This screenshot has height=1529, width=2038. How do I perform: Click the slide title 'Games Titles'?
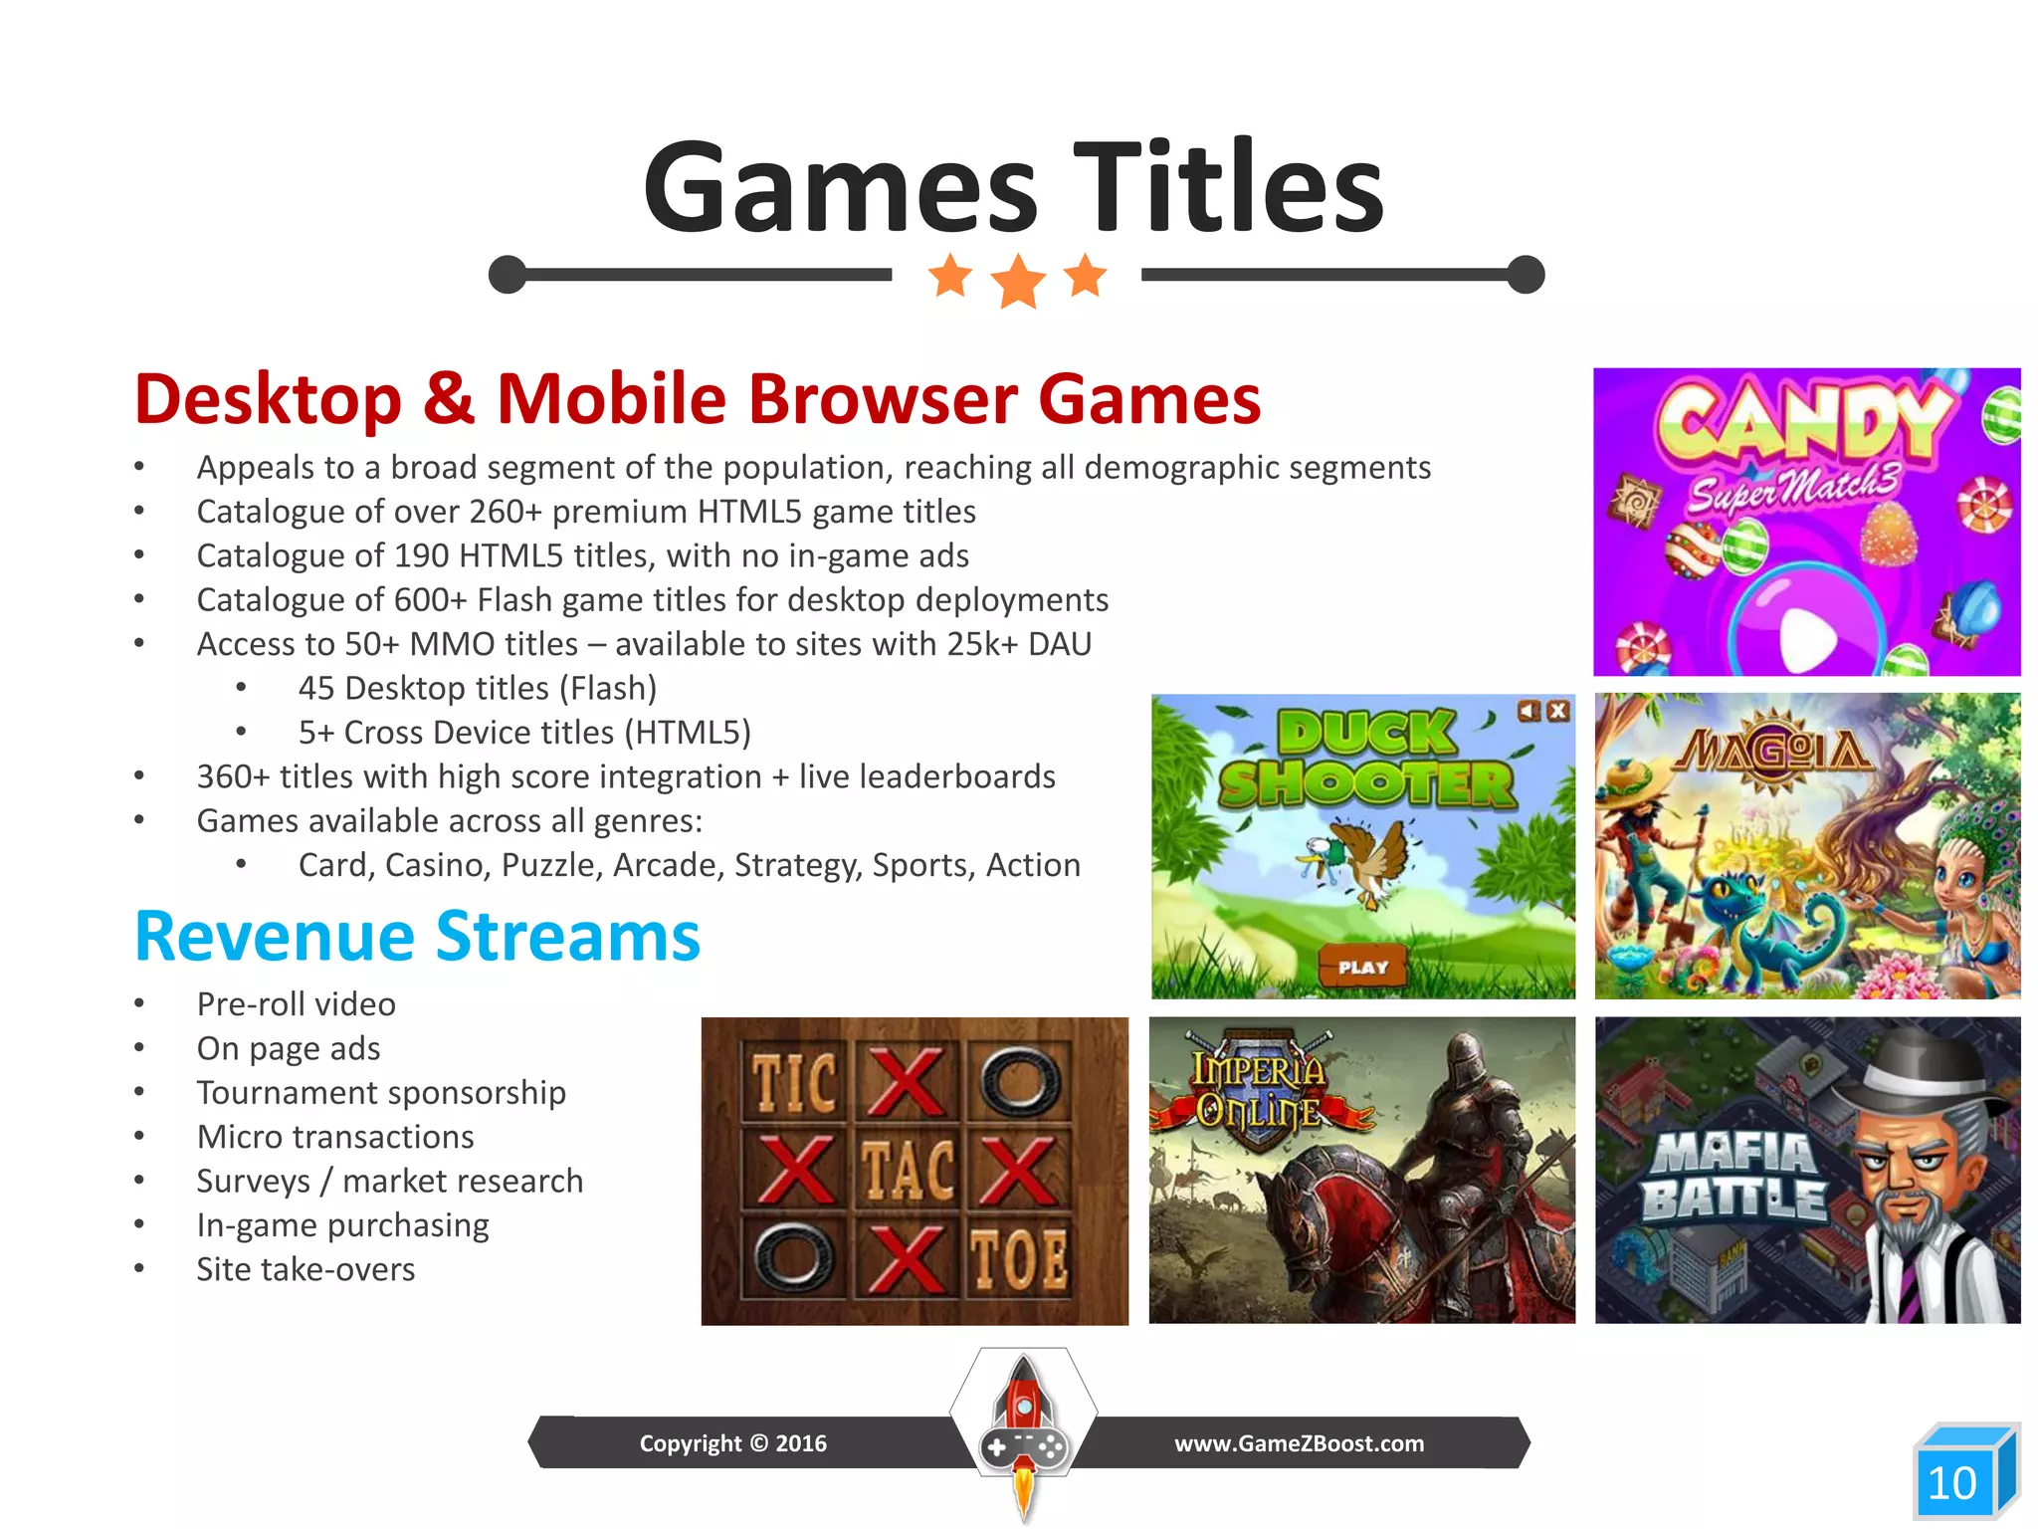pos(1013,187)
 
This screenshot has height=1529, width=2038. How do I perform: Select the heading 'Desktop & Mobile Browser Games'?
pos(698,399)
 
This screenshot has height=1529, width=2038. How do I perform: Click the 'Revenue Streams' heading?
pos(418,937)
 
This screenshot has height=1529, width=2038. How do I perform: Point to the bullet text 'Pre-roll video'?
pos(296,1003)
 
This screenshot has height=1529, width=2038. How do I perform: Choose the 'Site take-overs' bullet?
pos(306,1269)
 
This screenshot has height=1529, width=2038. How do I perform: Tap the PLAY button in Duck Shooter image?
pos(1362,967)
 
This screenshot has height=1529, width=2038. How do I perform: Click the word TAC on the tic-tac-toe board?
pos(907,1170)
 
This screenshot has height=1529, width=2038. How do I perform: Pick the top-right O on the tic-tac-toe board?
pos(1018,1081)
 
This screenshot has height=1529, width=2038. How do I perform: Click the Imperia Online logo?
pos(1259,1091)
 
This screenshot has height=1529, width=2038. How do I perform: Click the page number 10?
pos(1951,1483)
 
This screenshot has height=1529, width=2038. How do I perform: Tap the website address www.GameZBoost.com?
pos(1299,1443)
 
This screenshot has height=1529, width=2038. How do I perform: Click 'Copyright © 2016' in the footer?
pos(732,1443)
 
